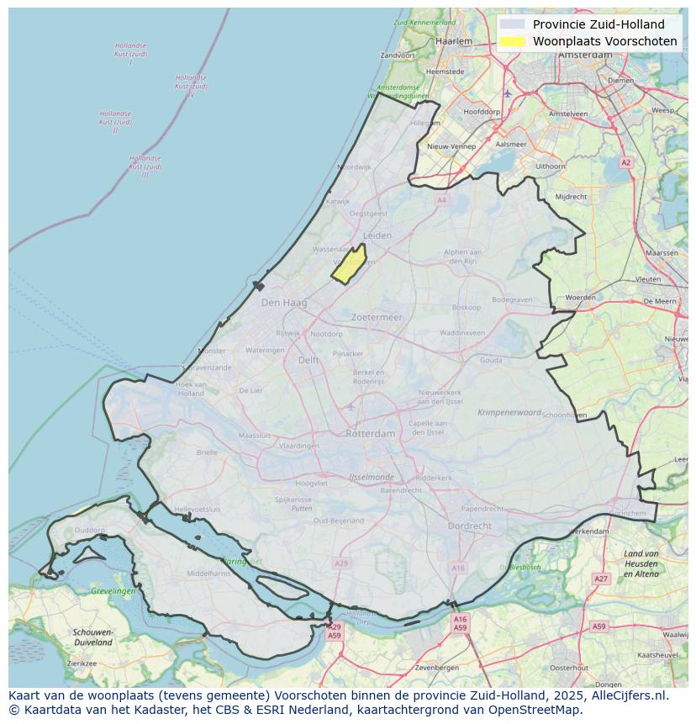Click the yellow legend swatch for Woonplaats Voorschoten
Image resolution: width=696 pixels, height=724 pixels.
[511, 41]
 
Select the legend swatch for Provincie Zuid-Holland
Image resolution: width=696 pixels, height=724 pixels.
[511, 24]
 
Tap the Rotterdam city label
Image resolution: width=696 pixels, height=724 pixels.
[370, 434]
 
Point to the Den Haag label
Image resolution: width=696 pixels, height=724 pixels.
[279, 303]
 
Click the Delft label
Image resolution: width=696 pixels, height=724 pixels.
[308, 360]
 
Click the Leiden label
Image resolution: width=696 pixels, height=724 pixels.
[377, 236]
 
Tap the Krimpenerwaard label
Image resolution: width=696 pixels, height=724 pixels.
[509, 413]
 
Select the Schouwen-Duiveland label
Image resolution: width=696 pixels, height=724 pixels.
[92, 637]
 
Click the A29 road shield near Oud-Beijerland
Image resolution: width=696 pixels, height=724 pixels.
[340, 563]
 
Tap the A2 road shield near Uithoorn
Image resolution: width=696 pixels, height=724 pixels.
[625, 162]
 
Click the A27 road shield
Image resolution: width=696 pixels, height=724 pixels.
[600, 579]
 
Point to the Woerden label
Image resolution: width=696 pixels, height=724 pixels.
[580, 298]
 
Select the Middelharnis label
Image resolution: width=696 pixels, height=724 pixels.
[208, 573]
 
